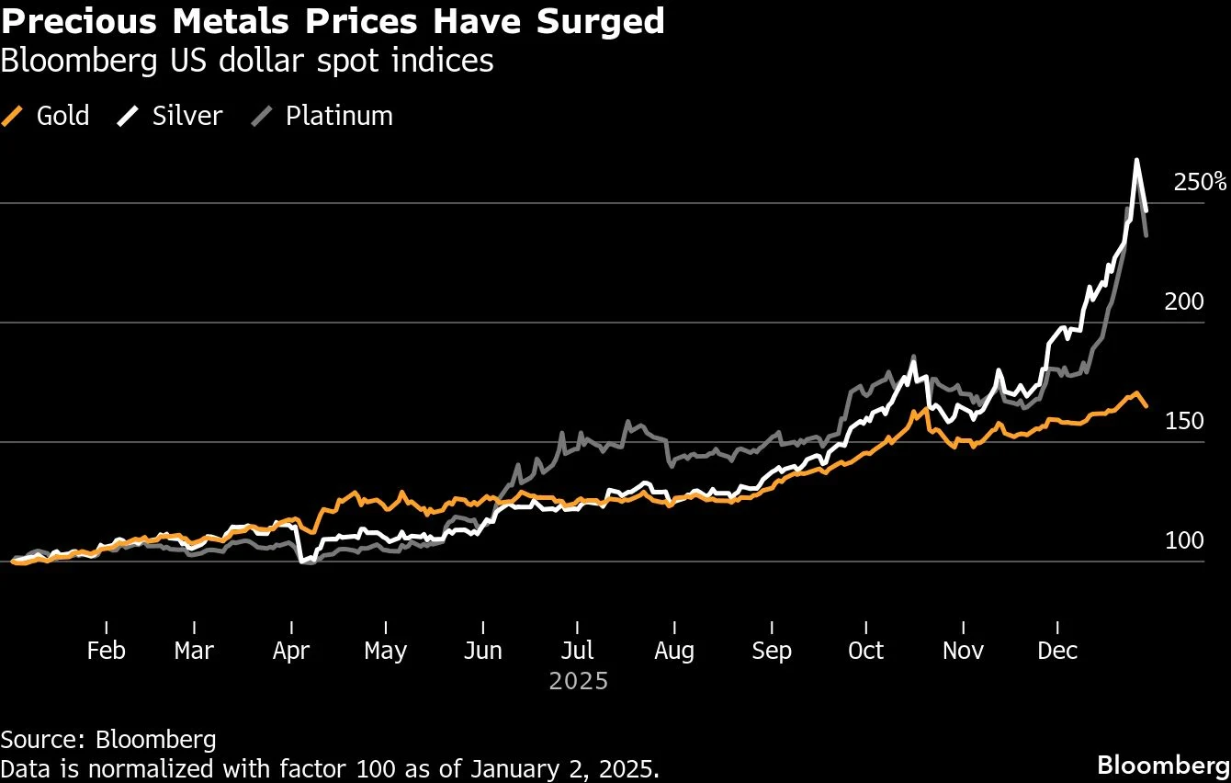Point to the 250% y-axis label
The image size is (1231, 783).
[x=1199, y=182]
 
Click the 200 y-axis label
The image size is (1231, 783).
[x=1183, y=301]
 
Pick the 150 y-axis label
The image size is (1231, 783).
[x=1183, y=421]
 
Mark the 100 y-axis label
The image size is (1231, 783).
[x=1183, y=540]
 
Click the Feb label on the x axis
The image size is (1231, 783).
[x=106, y=651]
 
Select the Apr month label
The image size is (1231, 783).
[x=291, y=651]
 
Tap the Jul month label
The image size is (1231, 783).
[x=577, y=651]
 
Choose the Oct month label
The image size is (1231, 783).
[x=864, y=651]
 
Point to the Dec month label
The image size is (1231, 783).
[x=1057, y=651]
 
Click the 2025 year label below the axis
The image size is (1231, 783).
[x=579, y=681]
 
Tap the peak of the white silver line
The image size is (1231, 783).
[x=1136, y=160]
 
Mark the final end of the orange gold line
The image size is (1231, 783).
[x=1146, y=406]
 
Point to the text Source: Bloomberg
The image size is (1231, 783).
[x=108, y=739]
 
